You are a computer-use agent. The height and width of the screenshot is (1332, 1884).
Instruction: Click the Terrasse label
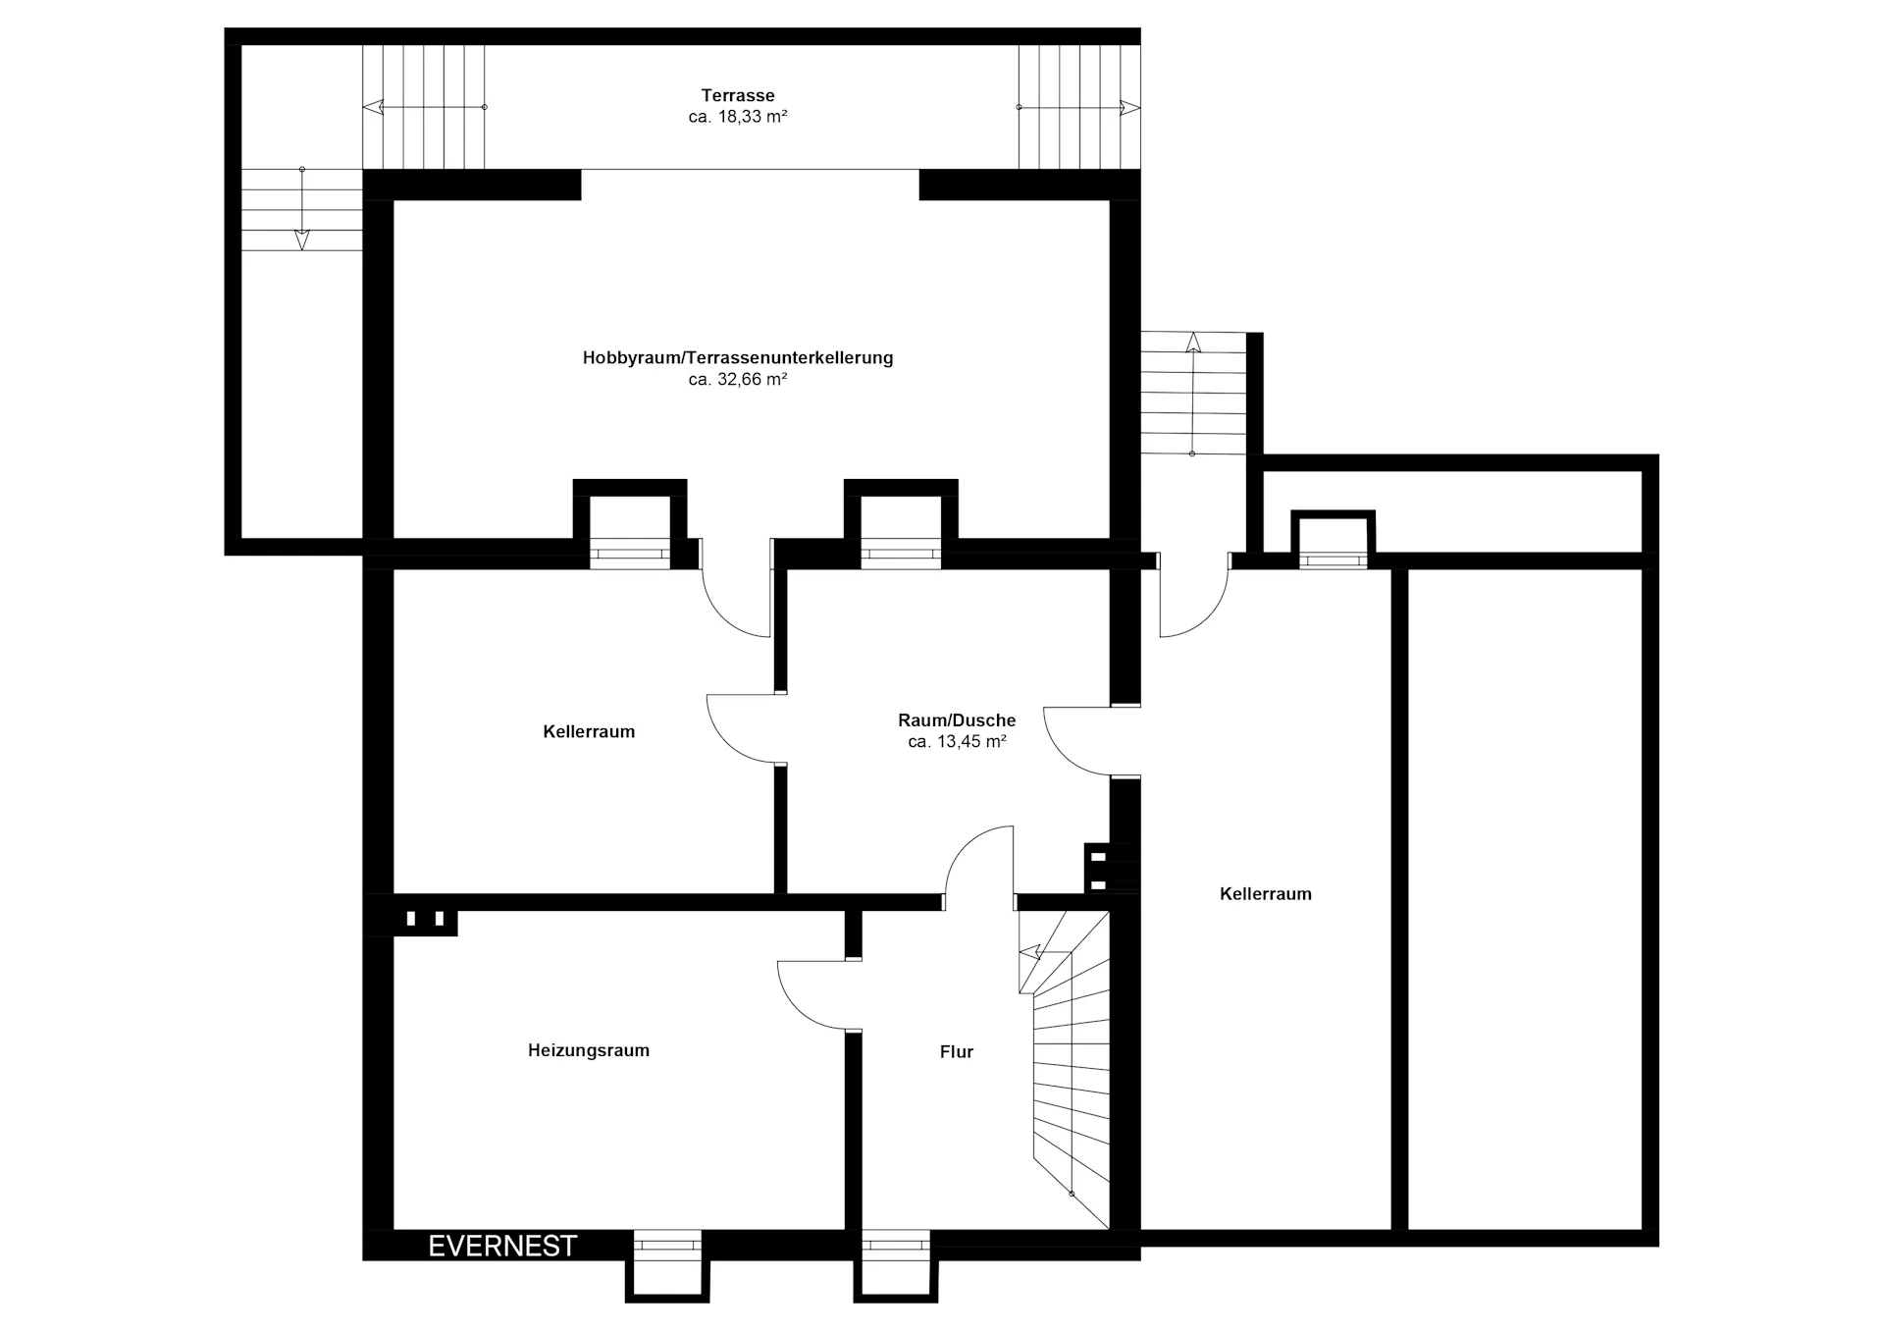point(738,95)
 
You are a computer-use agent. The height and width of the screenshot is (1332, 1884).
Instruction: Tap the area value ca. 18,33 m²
point(738,117)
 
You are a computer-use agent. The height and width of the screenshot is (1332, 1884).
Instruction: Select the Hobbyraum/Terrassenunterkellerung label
point(738,358)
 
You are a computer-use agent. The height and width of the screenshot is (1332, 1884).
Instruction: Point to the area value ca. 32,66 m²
point(738,380)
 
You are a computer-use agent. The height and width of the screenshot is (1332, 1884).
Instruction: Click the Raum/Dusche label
point(957,720)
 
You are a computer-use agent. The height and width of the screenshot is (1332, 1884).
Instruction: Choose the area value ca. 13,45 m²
point(957,742)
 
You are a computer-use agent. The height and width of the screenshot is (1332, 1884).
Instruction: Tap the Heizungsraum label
point(589,1050)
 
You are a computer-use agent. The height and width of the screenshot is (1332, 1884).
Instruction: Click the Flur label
point(957,1052)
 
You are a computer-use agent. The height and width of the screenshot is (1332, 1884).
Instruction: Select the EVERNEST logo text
point(502,1246)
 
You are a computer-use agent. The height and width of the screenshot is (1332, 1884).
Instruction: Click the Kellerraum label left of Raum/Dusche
point(589,731)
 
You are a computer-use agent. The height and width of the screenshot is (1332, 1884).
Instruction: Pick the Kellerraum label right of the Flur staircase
point(1266,894)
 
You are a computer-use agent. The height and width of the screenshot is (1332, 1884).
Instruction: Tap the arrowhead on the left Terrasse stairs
point(372,107)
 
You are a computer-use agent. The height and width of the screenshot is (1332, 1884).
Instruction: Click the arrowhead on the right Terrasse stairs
point(1130,107)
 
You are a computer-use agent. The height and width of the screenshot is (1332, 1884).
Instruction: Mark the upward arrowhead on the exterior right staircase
point(1193,343)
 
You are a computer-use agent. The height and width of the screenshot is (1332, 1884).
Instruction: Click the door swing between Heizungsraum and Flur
point(811,994)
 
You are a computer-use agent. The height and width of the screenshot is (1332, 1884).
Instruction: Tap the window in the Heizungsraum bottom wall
point(667,1245)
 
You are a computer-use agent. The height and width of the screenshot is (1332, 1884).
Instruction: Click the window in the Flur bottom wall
point(896,1245)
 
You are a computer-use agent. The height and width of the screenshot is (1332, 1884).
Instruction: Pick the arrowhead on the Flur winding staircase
point(1029,951)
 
